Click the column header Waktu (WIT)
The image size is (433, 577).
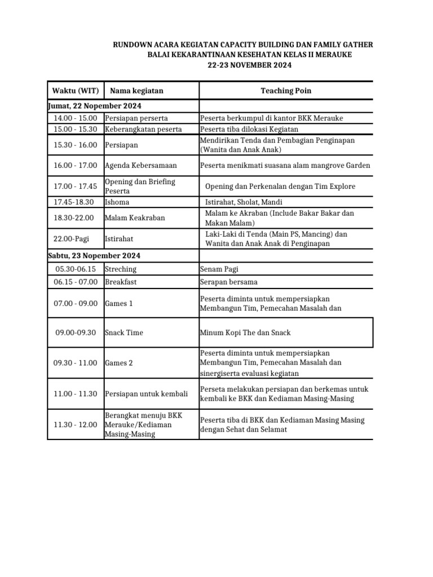[76, 91]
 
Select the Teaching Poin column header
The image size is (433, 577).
[285, 91]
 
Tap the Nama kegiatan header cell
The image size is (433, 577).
[136, 91]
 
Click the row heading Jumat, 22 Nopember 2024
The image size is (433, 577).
[94, 106]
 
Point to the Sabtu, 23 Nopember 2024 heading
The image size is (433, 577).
[94, 256]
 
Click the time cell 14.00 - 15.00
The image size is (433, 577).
[76, 118]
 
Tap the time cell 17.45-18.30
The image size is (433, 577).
[76, 202]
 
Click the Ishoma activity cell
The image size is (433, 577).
[117, 202]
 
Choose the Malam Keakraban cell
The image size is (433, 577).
[135, 218]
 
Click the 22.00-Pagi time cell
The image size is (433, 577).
[76, 239]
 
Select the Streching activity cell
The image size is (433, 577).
[121, 269]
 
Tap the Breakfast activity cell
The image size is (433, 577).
[121, 282]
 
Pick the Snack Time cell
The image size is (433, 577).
[124, 332]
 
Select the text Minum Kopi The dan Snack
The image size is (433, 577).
[245, 332]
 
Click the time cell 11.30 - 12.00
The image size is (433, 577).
[76, 424]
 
